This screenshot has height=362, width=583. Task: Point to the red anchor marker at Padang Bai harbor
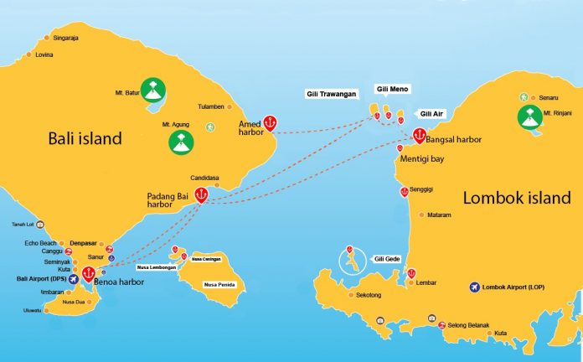tap(201, 194)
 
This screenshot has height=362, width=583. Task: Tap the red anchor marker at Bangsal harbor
tap(419, 135)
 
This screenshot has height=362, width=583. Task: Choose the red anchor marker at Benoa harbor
tap(88, 273)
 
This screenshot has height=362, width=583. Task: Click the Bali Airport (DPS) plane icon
tap(74, 277)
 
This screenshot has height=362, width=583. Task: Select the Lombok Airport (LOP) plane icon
tap(477, 287)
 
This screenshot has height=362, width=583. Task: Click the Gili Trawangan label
tap(333, 95)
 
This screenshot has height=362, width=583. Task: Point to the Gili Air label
tap(431, 113)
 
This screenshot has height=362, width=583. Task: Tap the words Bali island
tap(85, 138)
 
